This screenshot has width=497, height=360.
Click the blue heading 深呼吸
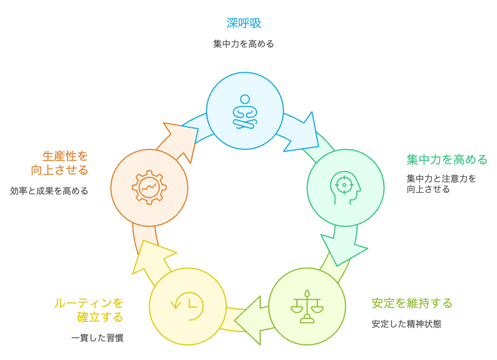pyautogui.click(x=244, y=23)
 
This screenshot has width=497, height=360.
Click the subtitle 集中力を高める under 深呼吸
pyautogui.click(x=244, y=44)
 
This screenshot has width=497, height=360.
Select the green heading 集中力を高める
pyautogui.click(x=447, y=159)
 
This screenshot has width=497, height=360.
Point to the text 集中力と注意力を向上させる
pyautogui.click(x=441, y=183)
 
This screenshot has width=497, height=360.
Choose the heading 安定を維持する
pyautogui.click(x=412, y=303)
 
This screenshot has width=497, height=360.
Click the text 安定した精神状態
pyautogui.click(x=406, y=324)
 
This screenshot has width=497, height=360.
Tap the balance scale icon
pyautogui.click(x=307, y=306)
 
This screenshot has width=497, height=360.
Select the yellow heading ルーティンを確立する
pyautogui.click(x=89, y=310)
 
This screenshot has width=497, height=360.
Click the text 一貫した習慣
pyautogui.click(x=97, y=338)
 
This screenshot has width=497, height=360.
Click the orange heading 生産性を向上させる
pyautogui.click(x=60, y=163)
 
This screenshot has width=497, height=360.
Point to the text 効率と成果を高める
pyautogui.click(x=49, y=191)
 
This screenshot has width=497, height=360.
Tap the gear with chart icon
pyautogui.click(x=149, y=187)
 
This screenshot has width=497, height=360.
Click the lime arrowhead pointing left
pyautogui.click(x=249, y=321)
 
